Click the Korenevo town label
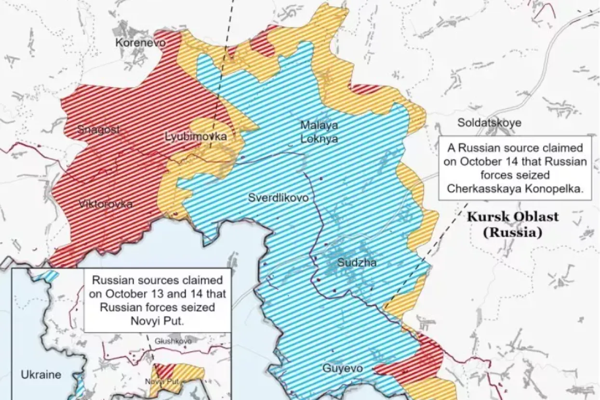tap(140, 43)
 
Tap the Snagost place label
tap(98, 129)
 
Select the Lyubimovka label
tap(195, 137)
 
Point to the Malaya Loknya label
tap(319, 132)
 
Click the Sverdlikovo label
tap(279, 198)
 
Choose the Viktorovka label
tap(106, 204)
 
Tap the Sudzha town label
tap(357, 263)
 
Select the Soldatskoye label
tap(489, 123)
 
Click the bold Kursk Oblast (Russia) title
tap(513, 224)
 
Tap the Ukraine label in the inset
tap(41, 374)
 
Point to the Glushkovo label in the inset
tap(173, 341)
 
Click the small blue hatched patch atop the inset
tap(47, 276)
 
